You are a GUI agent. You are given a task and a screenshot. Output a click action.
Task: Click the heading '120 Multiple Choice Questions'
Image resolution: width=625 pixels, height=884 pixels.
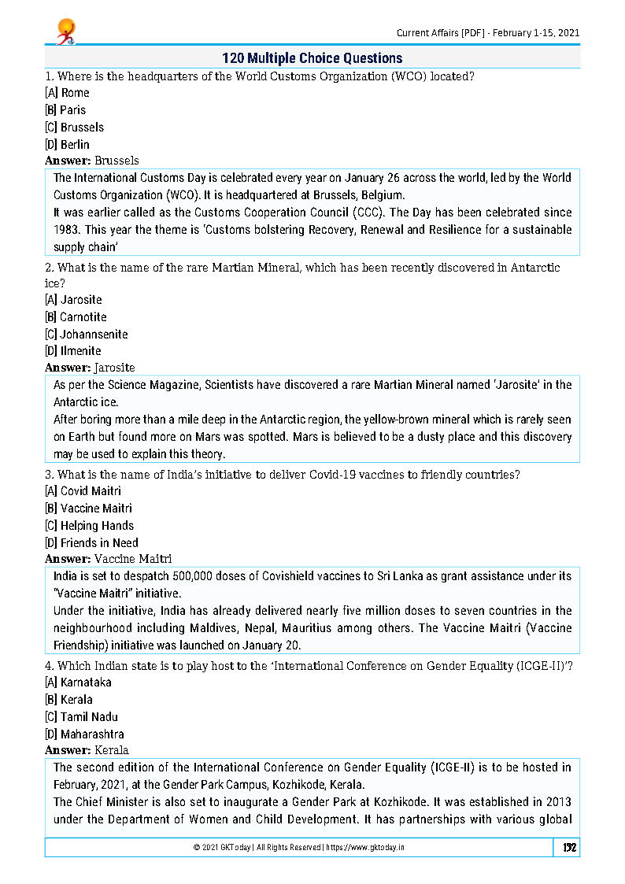pos(312,58)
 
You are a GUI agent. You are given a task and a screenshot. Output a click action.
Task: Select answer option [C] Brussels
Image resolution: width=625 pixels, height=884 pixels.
pos(75,127)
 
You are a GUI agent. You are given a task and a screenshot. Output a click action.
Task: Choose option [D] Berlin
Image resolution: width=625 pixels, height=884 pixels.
pos(68,144)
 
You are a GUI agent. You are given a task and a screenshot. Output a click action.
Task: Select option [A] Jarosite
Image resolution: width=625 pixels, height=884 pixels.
pos(73,299)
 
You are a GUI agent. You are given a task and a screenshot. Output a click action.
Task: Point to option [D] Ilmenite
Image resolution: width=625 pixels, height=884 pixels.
pos(73,351)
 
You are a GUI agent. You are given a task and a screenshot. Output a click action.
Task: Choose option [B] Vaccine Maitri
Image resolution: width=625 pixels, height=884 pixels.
pos(89,508)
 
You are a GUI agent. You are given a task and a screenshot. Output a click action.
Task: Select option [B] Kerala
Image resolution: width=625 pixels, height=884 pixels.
pos(69,699)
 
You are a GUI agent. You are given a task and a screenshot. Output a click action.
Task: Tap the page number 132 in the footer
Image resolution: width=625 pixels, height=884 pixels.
pos(568,847)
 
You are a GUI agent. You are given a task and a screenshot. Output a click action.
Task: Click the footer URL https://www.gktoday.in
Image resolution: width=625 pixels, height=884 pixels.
pos(365,847)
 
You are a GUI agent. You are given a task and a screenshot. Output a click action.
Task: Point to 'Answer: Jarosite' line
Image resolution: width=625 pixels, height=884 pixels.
pos(90,368)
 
